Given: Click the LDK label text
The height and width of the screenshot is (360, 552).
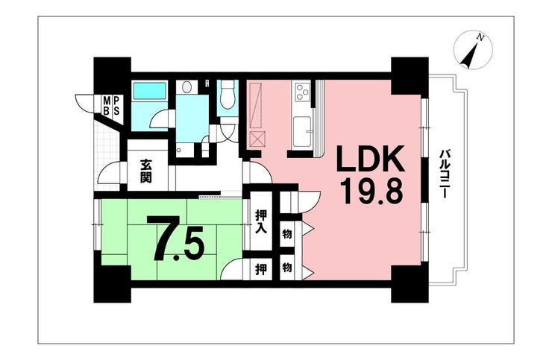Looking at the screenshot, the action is tap(370, 159).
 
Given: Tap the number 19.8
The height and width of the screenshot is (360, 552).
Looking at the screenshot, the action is tap(371, 191).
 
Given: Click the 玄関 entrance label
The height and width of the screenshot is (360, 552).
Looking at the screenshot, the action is tap(145, 171).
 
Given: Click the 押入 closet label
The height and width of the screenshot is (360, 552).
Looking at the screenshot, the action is tap(261, 221).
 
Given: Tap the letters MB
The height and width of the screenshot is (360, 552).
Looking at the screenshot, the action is tap(106, 106).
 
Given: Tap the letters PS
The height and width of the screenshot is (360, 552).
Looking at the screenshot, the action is tap(116, 106).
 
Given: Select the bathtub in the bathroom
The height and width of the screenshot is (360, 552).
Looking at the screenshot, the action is tap(149, 91).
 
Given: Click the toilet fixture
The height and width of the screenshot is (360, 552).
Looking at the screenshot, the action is tap(227, 95).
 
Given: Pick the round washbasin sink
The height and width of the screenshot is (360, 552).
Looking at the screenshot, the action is tap(186, 87).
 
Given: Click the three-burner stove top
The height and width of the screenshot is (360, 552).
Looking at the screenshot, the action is tap(302, 91).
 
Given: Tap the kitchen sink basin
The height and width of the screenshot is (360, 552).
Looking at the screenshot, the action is tap(301, 131).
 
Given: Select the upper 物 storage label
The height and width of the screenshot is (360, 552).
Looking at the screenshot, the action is tap(287, 233).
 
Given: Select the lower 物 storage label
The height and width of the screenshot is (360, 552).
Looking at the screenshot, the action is tap(287, 268).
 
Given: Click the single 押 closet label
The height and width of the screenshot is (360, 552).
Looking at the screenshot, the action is tap(261, 270).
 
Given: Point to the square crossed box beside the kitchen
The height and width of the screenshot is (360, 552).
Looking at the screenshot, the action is tap(257, 139).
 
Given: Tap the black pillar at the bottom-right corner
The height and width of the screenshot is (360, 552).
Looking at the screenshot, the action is tap(410, 284).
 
